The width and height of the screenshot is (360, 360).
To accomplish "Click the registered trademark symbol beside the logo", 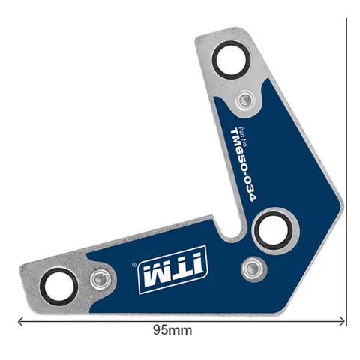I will coord(133,264).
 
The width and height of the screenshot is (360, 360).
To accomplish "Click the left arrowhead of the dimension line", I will coord(20,321).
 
